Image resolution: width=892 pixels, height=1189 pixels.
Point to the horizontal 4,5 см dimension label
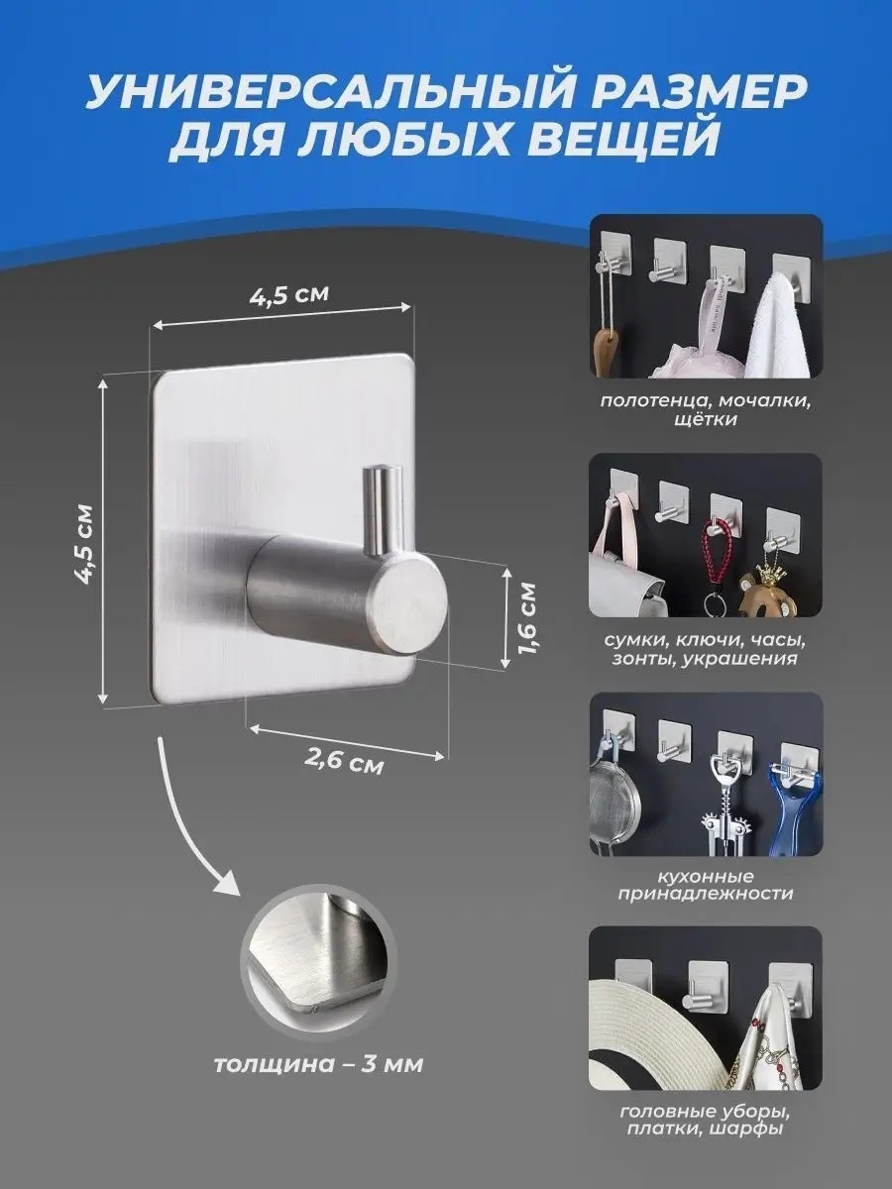tap(289, 293)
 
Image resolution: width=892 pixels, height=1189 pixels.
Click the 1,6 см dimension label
tap(526, 618)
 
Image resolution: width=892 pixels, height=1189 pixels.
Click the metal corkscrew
tap(723, 810)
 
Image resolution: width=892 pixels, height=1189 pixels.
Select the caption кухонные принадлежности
tap(706, 902)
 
